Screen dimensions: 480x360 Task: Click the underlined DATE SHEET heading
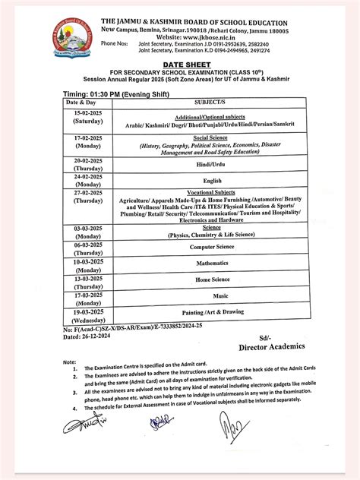[x=181, y=65]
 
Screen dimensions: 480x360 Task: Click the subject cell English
[x=212, y=180]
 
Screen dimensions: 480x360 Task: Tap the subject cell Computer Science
[x=212, y=246]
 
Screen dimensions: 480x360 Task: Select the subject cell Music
[x=220, y=295]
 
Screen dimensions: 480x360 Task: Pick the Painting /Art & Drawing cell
[x=212, y=312]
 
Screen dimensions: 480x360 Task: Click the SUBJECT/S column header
[x=213, y=101]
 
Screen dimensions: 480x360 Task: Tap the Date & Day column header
[x=81, y=101]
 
